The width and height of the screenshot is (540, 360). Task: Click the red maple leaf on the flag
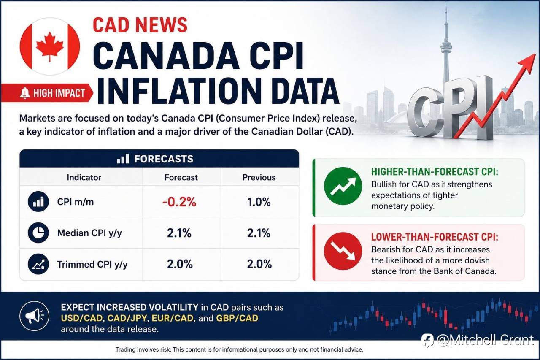coord(50,46)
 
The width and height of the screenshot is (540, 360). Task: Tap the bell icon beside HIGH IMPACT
coord(25,93)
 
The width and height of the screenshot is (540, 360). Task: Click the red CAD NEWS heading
coord(140,25)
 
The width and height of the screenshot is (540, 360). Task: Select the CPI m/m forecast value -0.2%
coord(179,202)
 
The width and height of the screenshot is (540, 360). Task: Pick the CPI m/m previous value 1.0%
coord(259,202)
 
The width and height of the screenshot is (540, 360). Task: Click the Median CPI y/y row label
coord(89,233)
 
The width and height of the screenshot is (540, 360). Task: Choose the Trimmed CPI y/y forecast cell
coord(180,264)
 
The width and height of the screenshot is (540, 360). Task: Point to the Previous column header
coord(259,178)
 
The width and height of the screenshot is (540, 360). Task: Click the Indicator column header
coord(84,178)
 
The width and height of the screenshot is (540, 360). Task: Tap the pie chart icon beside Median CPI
coord(38,233)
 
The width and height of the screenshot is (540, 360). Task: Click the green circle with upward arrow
coord(343,186)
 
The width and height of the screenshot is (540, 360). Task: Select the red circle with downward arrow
coord(343,251)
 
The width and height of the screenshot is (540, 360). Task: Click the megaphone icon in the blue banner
coord(35,316)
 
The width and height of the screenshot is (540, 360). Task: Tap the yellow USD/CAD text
coord(82,318)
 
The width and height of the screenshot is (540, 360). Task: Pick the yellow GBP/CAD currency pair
coord(237,318)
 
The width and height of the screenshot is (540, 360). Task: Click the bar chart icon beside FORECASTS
coord(123,159)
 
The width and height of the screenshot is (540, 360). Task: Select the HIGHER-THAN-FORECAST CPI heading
coord(435,172)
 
